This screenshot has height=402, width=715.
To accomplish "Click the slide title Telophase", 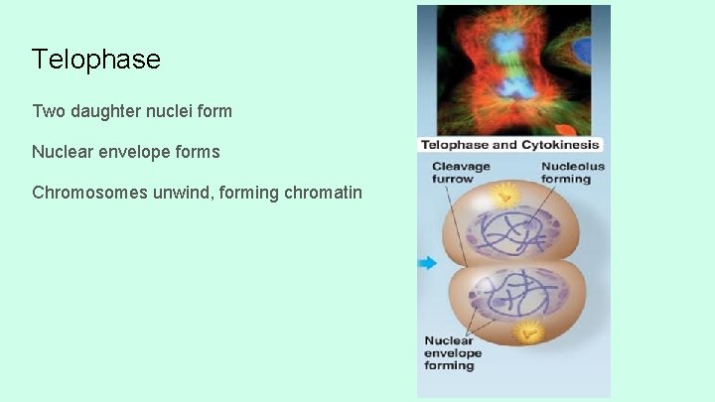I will coord(95,60).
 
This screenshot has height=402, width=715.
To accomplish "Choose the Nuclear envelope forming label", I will coord(453,353).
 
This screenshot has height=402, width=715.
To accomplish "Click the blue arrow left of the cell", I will coord(427,263).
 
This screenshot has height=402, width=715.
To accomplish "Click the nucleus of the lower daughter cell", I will coord(511,296).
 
